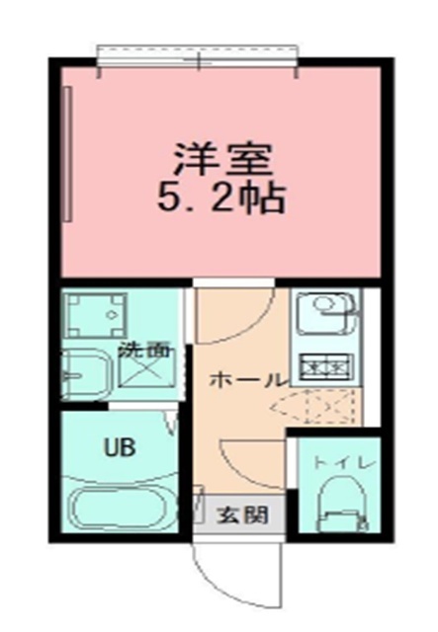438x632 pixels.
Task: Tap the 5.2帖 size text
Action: point(222,198)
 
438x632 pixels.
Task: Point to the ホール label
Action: point(247,379)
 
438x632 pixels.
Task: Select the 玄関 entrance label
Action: point(242,514)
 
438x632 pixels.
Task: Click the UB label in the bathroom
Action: point(120,446)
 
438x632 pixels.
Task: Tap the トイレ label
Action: point(344,463)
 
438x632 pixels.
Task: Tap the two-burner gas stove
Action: point(326,366)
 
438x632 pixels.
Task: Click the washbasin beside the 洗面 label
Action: point(86,375)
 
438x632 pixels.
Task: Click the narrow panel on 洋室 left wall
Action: point(68,154)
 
